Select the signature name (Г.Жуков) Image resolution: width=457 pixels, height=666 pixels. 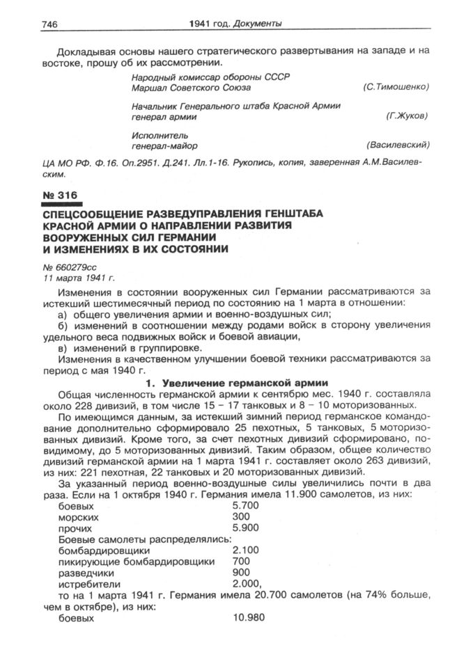coord(407,117)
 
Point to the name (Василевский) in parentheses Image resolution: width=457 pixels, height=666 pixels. coord(397,145)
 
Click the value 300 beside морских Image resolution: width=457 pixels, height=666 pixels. coord(240,518)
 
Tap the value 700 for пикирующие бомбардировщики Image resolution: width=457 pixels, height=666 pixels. coord(240,562)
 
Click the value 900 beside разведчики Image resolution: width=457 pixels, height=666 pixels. coord(240,573)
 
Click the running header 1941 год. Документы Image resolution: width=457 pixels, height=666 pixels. coord(235,24)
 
